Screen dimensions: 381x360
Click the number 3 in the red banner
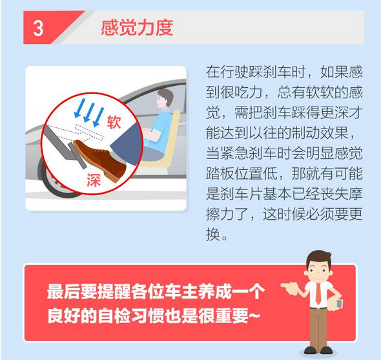point(38,28)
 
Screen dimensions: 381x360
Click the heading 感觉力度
point(137,28)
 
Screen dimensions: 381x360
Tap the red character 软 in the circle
point(114,122)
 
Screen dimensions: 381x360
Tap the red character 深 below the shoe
point(94,180)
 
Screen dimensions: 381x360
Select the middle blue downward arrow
point(88,112)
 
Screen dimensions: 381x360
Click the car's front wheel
point(52,179)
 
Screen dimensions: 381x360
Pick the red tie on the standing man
point(318,294)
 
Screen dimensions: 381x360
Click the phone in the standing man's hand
point(339,304)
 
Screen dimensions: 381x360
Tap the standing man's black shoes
point(318,350)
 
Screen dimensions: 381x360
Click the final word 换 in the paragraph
point(213,235)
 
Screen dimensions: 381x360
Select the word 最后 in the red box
point(64,291)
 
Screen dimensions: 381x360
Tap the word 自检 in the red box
point(114,316)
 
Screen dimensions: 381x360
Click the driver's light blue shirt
point(159,131)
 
